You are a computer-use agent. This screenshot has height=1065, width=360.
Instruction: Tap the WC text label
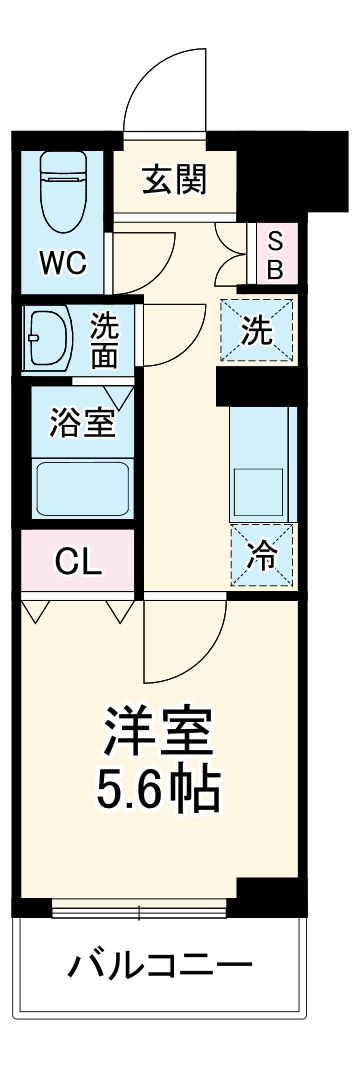point(62,263)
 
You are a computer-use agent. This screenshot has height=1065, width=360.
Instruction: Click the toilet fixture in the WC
point(61,189)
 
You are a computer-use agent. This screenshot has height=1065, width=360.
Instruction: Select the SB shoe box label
point(275,254)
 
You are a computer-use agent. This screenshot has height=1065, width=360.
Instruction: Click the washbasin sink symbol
point(45,337)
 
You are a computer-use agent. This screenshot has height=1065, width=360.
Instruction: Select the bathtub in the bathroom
point(82,486)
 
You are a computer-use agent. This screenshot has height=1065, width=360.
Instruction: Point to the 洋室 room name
point(160,734)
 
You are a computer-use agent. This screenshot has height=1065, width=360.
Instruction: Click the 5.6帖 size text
point(160,790)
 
